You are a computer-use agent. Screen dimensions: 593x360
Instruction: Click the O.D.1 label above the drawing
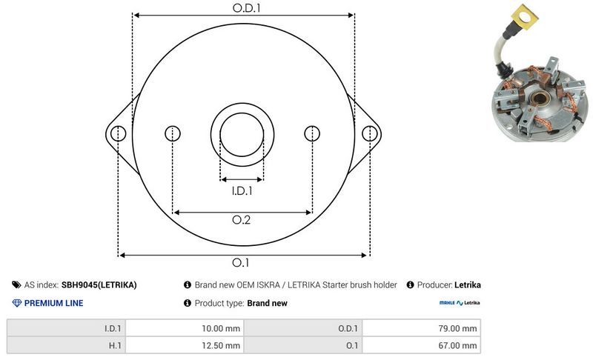point(247,8)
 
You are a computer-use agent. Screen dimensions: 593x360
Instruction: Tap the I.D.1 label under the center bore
point(242,191)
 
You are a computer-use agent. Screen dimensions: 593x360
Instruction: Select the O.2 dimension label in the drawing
point(242,220)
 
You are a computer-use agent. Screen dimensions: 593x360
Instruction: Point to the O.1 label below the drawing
point(240,262)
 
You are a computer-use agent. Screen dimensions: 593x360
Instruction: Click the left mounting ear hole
point(118,134)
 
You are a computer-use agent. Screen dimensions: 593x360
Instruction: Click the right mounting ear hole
point(369,134)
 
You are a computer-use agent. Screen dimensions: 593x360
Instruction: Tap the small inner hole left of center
point(173,134)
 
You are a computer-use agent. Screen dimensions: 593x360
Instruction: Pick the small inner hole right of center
point(312,134)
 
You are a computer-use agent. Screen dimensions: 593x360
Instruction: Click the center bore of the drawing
point(242,135)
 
